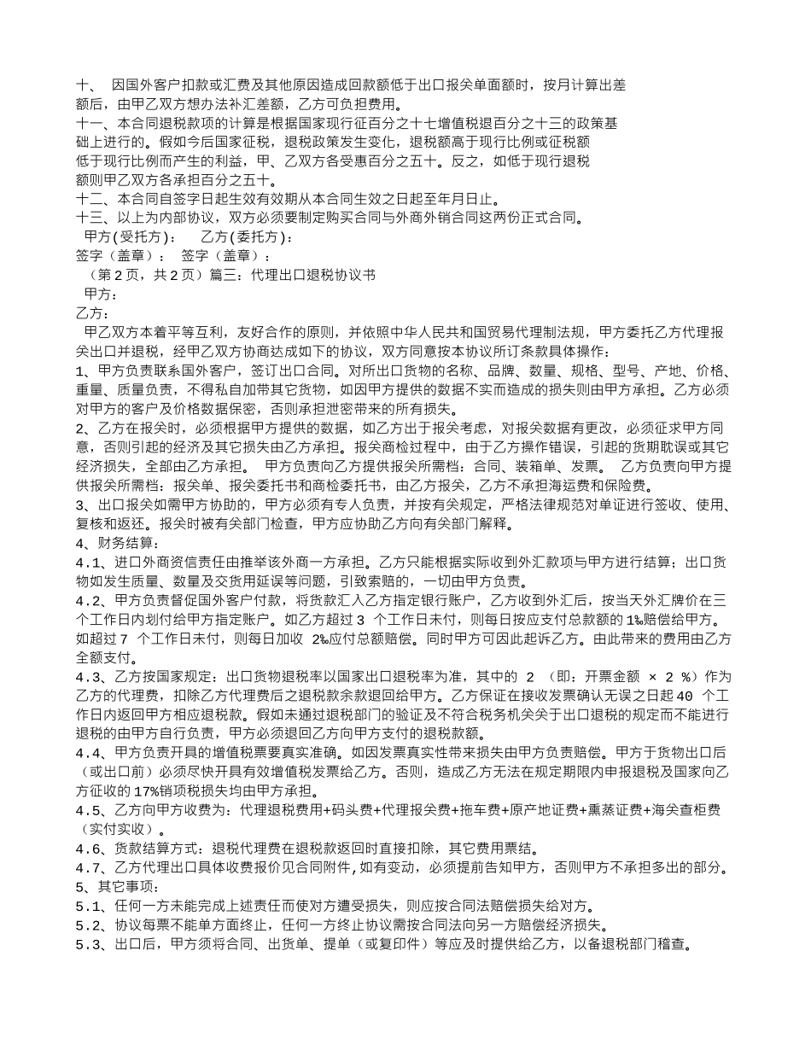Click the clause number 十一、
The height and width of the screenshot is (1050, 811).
92,123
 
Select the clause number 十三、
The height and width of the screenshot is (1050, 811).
92,217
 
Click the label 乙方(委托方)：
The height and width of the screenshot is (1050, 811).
247,236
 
